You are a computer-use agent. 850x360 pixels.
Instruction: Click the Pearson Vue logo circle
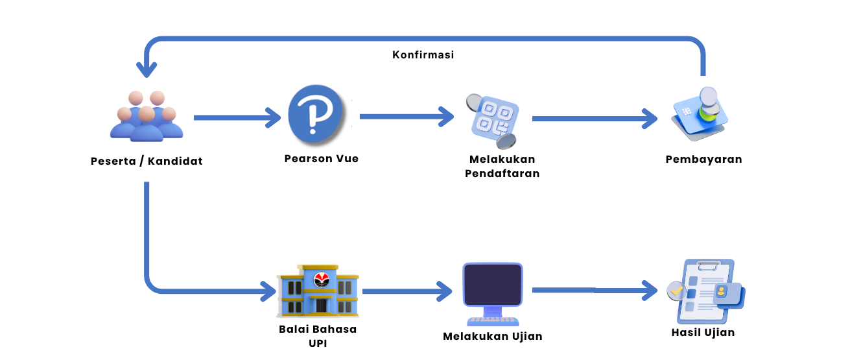point(314,117)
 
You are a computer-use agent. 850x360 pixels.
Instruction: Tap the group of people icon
point(147,117)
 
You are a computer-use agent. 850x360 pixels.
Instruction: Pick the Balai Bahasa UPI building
point(318,292)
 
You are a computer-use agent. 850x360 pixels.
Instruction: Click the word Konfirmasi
point(423,55)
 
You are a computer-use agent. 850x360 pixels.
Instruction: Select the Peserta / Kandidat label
point(147,161)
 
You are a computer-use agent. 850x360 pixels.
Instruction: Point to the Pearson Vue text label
point(321,158)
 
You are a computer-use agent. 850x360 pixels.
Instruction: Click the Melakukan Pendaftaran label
point(502,166)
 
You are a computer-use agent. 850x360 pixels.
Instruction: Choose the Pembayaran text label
point(703,160)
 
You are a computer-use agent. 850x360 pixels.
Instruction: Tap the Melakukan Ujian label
point(492,336)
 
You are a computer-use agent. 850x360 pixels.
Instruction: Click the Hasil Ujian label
point(703,333)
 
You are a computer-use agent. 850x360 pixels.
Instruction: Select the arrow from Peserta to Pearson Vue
point(237,118)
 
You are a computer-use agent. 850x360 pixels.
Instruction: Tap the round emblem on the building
point(322,280)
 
